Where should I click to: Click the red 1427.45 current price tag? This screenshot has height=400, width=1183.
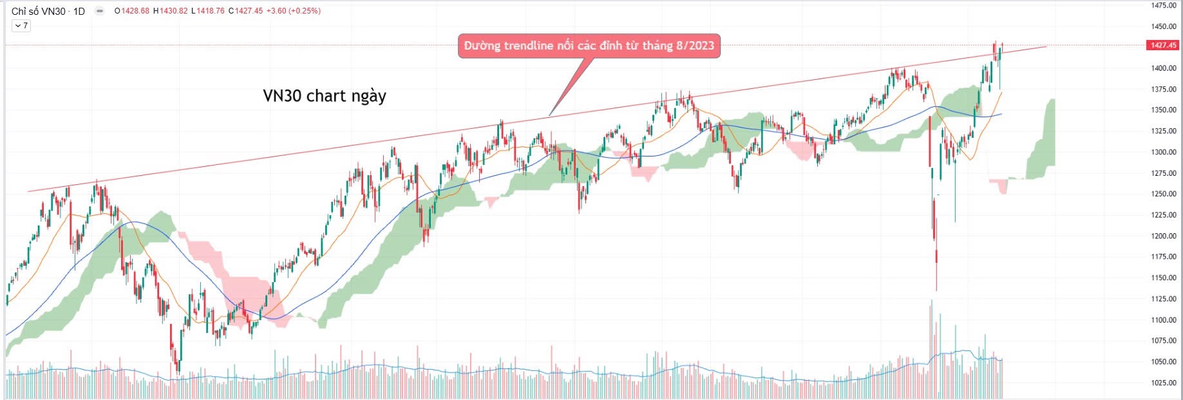(1163, 45)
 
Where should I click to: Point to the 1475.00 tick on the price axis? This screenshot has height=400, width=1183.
(1164, 6)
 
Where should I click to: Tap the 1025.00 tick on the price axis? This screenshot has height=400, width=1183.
(1164, 383)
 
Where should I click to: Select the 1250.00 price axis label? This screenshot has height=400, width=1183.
(1164, 194)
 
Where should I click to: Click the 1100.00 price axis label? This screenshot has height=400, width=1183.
(1164, 320)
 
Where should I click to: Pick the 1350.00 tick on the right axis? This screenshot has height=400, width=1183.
(1164, 110)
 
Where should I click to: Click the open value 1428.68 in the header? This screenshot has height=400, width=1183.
(134, 11)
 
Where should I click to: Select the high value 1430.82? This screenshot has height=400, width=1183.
(173, 11)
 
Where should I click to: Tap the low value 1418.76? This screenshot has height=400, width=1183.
(210, 11)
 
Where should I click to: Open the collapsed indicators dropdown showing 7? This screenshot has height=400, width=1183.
(21, 26)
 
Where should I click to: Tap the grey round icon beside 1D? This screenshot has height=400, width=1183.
(100, 11)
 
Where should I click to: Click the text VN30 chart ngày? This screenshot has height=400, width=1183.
(325, 96)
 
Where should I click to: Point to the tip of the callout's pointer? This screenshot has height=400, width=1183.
(549, 116)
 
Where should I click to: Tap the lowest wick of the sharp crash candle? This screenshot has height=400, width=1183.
(936, 290)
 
